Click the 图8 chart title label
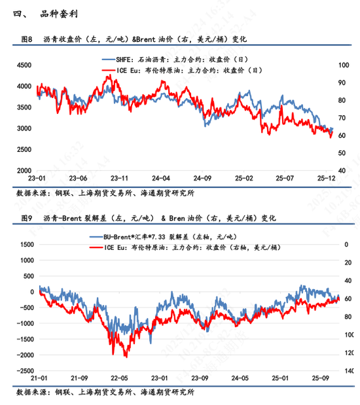coord(26,39)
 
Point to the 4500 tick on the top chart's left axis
coord(24,65)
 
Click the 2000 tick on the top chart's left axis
coord(24,171)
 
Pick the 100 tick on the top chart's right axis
coord(342,65)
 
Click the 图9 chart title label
coord(26,217)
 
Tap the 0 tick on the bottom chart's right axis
coord(343,243)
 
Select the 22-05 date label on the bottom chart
coord(119,378)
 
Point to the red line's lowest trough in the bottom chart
coord(124,356)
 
